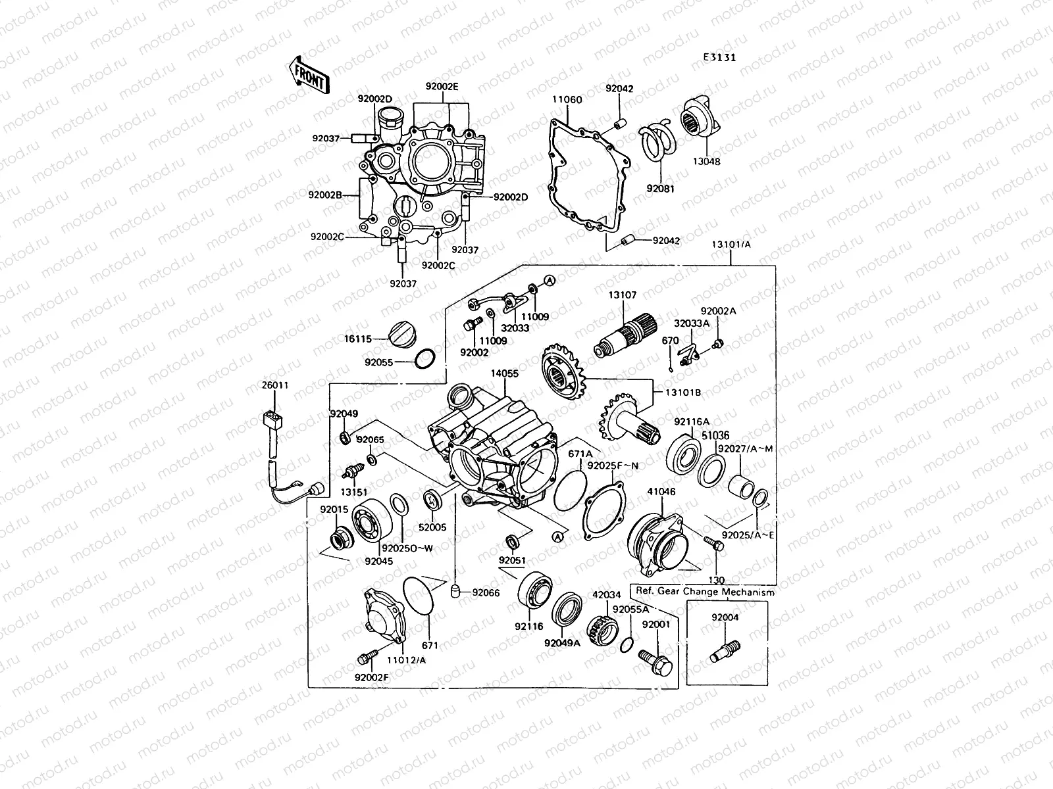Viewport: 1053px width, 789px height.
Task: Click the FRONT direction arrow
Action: [x=307, y=74]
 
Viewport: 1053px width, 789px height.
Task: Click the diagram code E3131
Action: [x=719, y=57]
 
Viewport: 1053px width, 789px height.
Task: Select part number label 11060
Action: [x=566, y=100]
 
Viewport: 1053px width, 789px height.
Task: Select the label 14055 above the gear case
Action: [x=504, y=373]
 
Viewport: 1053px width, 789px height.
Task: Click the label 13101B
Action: [x=682, y=393]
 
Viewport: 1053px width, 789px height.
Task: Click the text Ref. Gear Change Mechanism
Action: [x=704, y=592]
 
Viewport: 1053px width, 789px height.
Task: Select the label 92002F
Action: [x=372, y=677]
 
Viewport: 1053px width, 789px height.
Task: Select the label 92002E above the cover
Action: [x=442, y=86]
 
